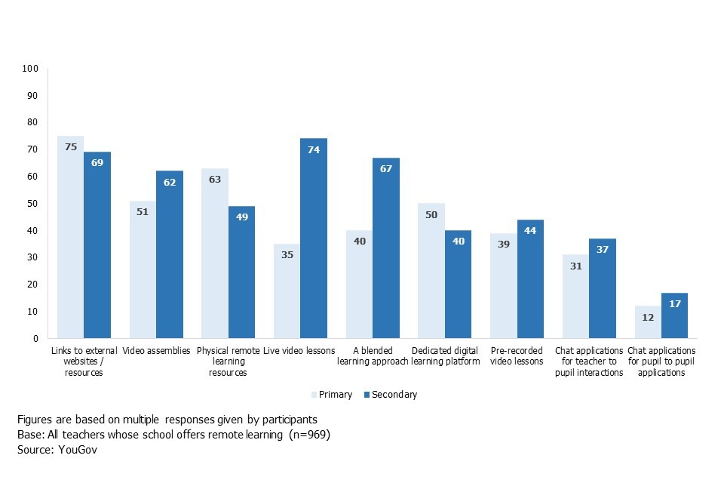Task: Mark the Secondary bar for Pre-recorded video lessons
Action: click(x=530, y=278)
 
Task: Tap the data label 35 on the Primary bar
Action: click(x=287, y=254)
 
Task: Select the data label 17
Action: click(x=674, y=303)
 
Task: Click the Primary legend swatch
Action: click(x=314, y=395)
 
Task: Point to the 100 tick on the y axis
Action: click(x=30, y=69)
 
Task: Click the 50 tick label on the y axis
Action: click(x=32, y=204)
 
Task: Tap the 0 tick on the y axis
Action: click(x=35, y=339)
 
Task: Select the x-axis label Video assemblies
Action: click(x=156, y=351)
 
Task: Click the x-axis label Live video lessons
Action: click(x=300, y=351)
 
